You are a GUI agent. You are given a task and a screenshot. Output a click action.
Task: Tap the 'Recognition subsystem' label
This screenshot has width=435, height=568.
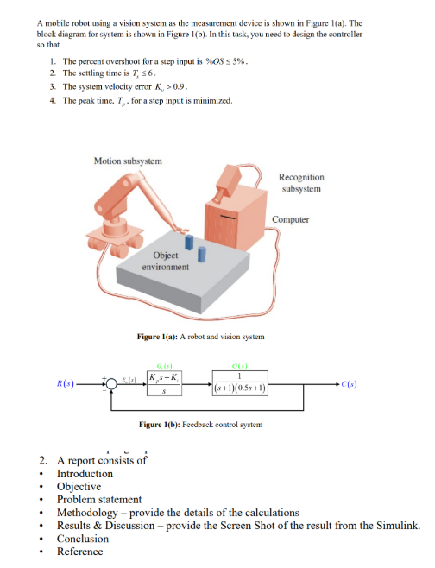point(301,182)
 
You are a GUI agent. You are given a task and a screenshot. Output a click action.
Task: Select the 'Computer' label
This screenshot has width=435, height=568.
point(291,218)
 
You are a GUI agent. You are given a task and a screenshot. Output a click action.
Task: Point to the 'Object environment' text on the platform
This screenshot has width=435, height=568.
point(166,261)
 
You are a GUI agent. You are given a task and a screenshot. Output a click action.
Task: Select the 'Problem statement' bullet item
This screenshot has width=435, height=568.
point(99,499)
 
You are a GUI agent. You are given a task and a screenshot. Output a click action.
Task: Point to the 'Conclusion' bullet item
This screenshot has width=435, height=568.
point(83,538)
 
